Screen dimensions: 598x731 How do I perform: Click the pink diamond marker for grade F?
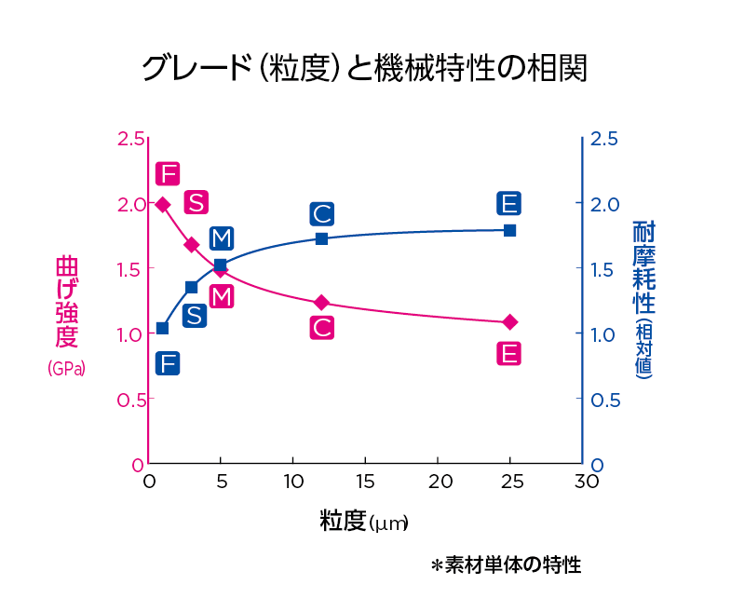(x=163, y=205)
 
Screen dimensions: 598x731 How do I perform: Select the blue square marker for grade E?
(x=510, y=230)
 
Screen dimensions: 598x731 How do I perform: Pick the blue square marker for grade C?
(x=321, y=239)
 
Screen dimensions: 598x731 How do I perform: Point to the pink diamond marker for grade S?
(x=192, y=245)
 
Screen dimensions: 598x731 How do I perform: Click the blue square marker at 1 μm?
(x=162, y=328)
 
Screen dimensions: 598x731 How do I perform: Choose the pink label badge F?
(x=168, y=174)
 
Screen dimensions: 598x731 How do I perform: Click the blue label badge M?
(x=221, y=238)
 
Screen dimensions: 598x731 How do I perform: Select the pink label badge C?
(x=322, y=328)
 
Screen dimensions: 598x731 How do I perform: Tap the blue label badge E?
(x=508, y=204)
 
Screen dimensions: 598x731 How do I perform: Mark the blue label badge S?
(x=194, y=316)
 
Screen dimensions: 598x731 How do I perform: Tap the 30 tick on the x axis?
(x=585, y=482)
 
